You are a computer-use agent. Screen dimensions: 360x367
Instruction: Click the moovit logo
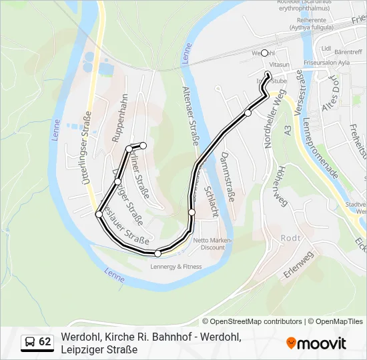click(316, 343)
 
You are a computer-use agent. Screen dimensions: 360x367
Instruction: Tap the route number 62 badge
click(37, 342)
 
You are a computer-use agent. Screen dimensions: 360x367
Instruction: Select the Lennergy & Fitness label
click(176, 267)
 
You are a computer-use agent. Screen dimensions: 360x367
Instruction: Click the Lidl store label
click(326, 49)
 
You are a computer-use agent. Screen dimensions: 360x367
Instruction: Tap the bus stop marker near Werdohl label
click(264, 53)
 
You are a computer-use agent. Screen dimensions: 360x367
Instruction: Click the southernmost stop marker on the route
click(158, 253)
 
